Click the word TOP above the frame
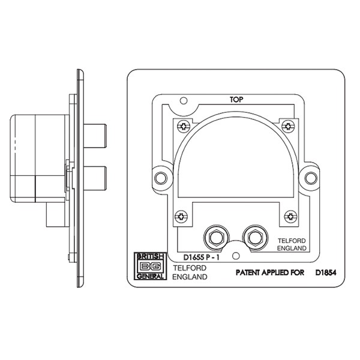coord(235,100)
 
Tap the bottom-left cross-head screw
coord(179,217)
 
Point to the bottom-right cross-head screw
coord(289,217)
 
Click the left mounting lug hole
coord(160,178)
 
